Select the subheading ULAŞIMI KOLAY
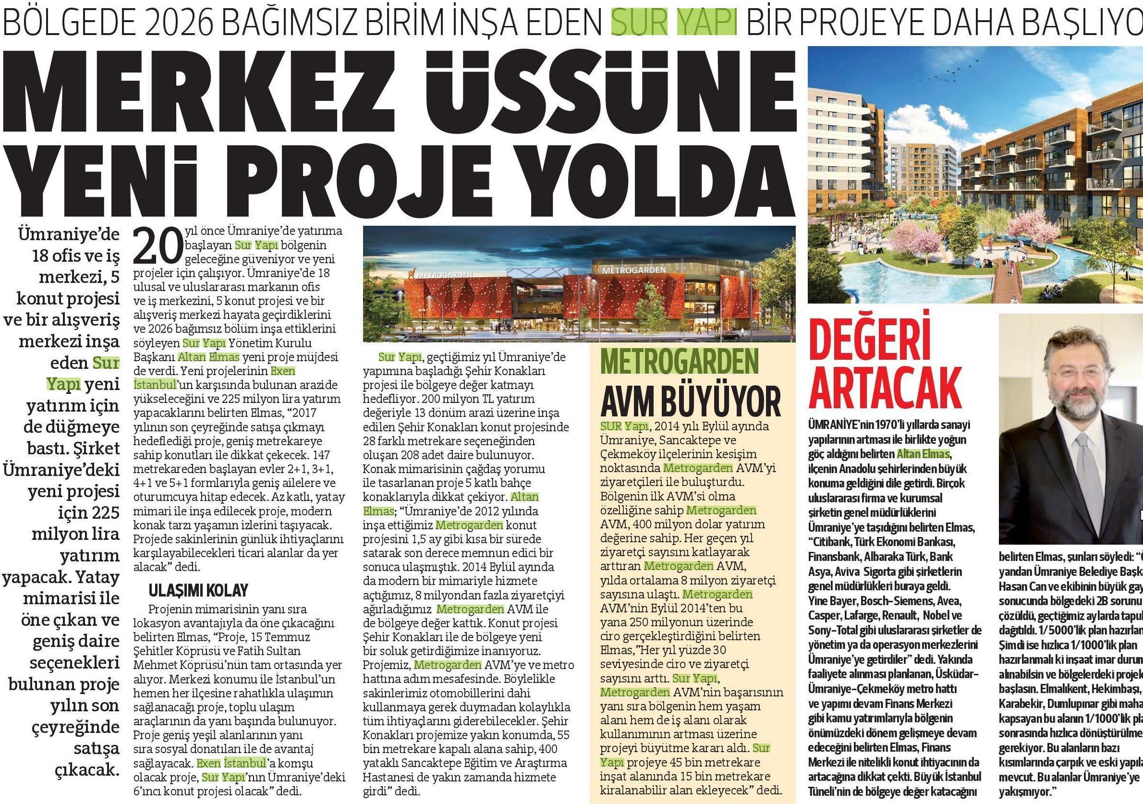tap(198, 590)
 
